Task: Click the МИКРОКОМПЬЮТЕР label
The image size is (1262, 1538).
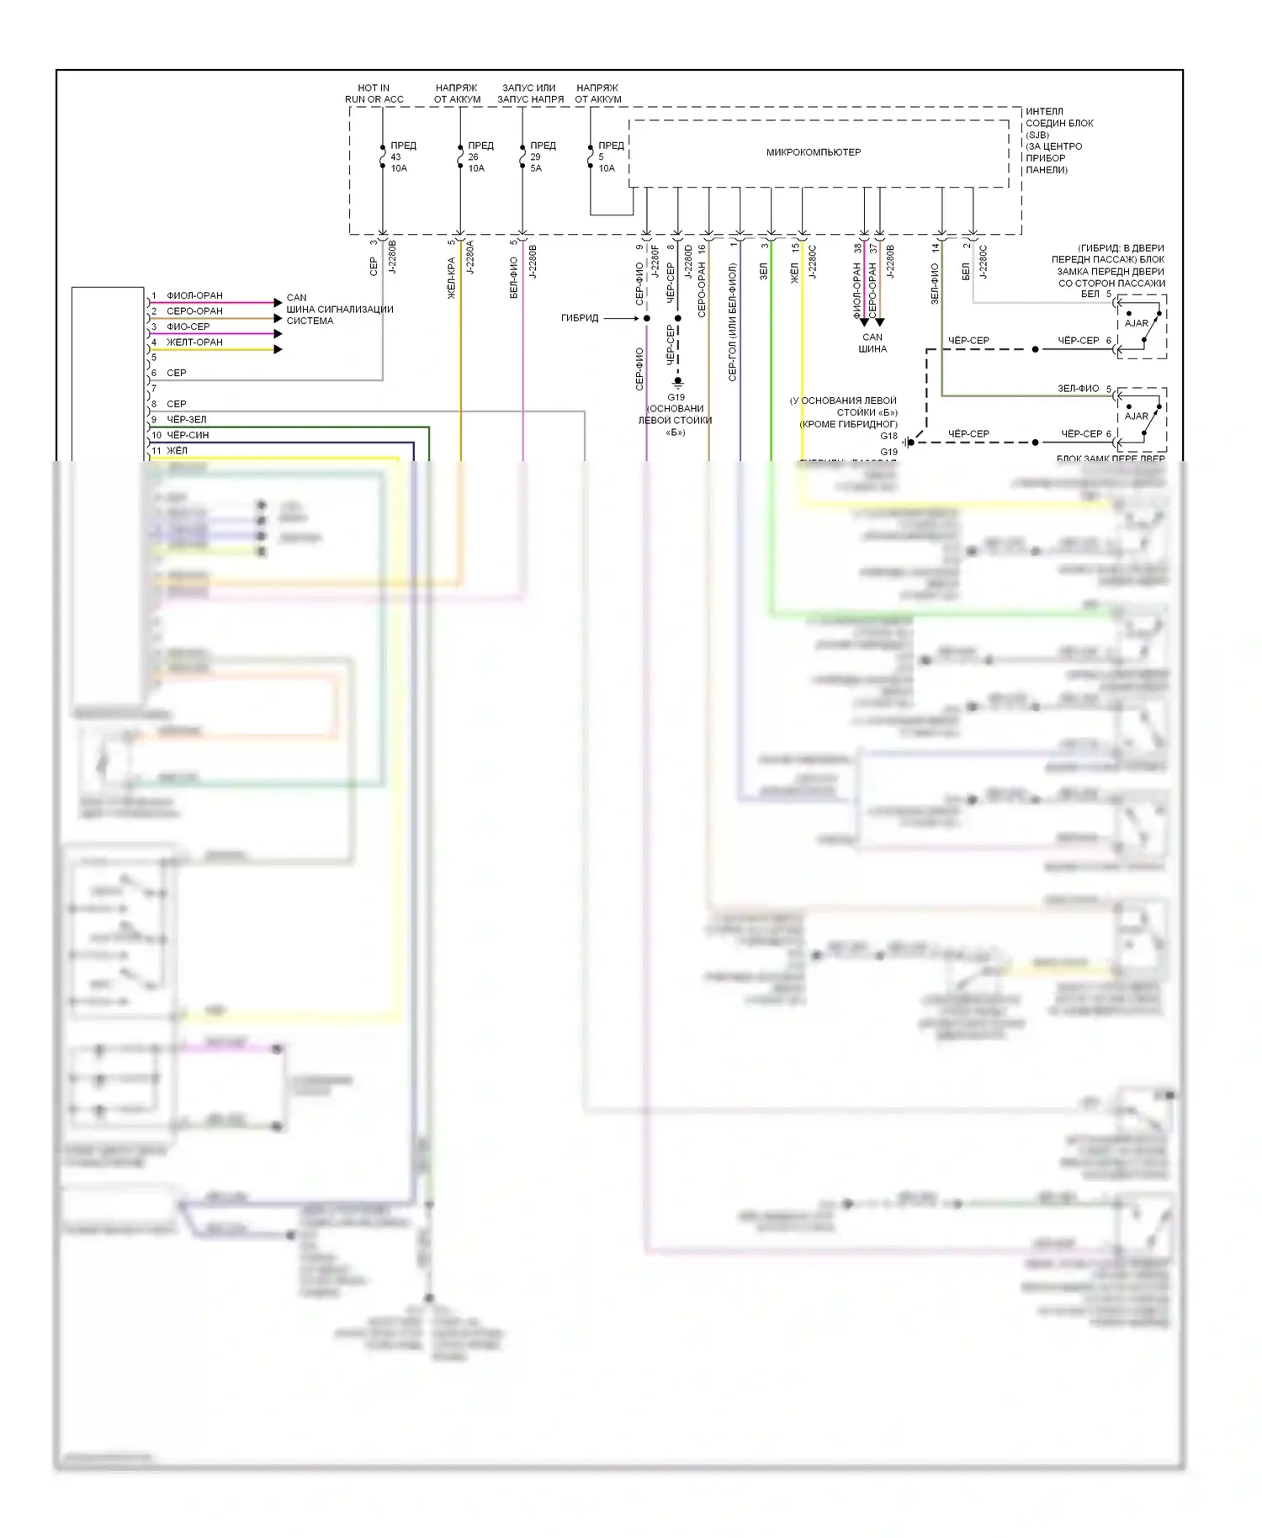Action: tap(813, 152)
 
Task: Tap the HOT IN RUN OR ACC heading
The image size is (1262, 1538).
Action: tap(374, 93)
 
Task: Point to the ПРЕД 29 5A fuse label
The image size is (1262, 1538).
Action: tap(542, 156)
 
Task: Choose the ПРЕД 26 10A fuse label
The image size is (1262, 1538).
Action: tap(480, 156)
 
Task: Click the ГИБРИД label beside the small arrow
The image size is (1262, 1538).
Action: tap(580, 318)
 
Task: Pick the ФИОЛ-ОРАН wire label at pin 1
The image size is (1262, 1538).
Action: tap(194, 295)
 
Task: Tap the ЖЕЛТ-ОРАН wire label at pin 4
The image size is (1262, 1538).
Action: tap(194, 342)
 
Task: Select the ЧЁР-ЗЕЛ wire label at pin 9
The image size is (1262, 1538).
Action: tap(186, 420)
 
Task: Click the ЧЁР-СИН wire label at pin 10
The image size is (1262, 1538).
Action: tap(188, 435)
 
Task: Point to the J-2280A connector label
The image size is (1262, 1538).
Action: tap(470, 257)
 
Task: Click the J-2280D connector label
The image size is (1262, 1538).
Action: tap(688, 262)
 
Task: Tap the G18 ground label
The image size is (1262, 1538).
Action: tap(888, 436)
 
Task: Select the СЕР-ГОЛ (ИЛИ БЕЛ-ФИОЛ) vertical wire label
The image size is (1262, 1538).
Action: tap(733, 323)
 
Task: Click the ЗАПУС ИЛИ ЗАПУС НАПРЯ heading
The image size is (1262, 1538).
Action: tap(530, 93)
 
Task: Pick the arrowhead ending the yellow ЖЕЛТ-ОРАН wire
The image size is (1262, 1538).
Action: tap(278, 349)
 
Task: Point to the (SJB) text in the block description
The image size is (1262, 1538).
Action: tap(1037, 135)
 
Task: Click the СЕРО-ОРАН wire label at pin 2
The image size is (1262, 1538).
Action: tap(194, 311)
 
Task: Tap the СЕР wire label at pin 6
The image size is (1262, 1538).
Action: tap(176, 373)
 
